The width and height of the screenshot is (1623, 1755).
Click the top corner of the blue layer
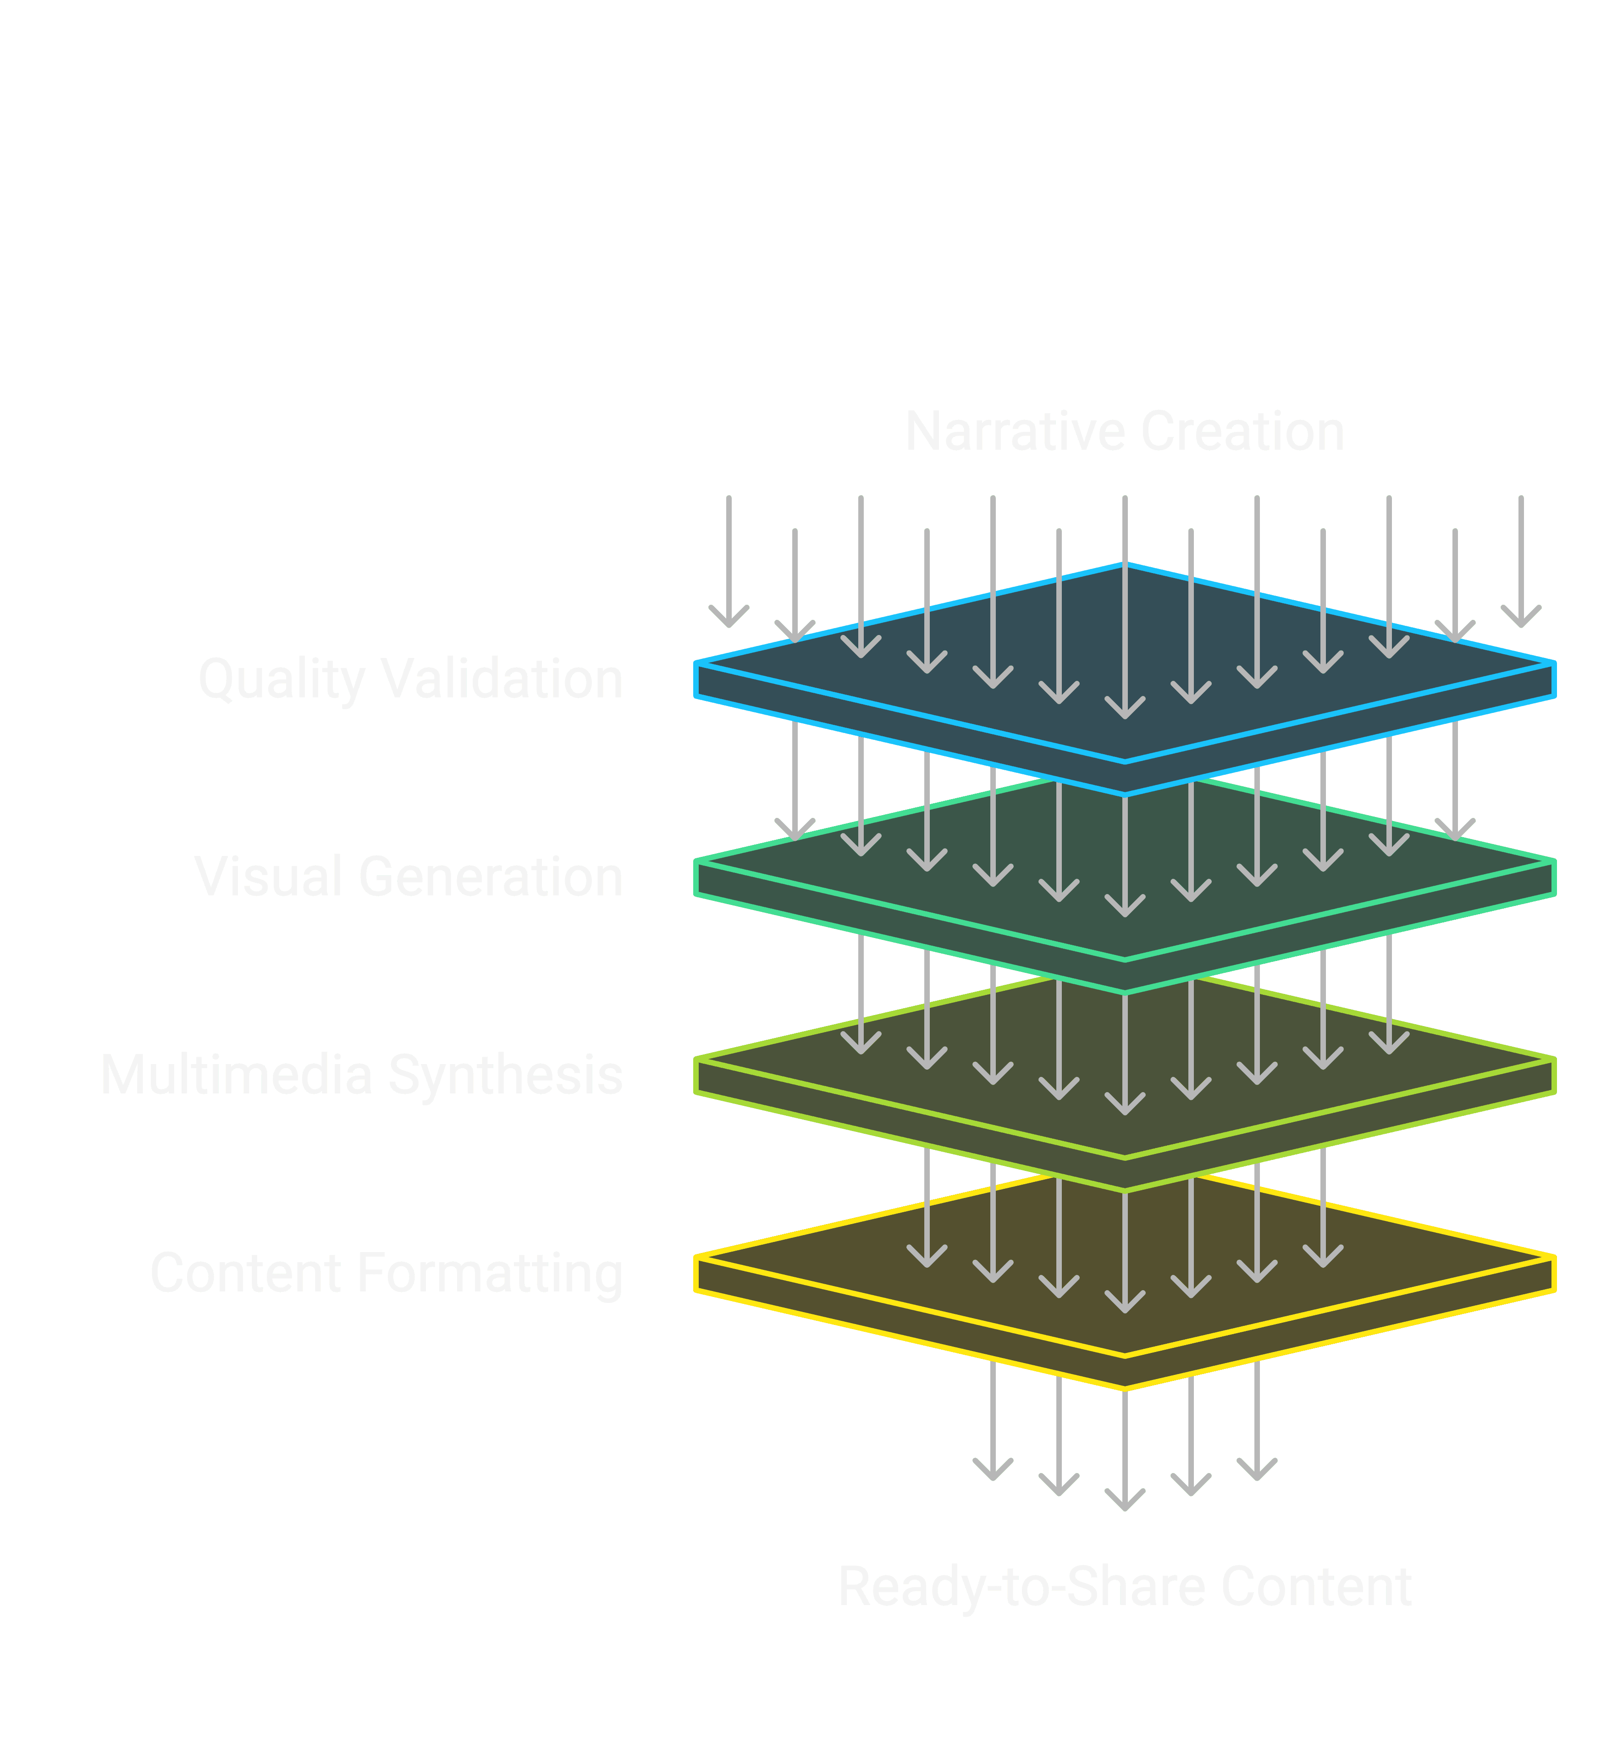[1125, 565]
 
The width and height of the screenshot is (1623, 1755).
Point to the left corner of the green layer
[696, 862]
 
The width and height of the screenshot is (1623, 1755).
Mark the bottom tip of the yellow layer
[1125, 1388]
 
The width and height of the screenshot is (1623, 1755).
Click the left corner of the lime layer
[696, 1060]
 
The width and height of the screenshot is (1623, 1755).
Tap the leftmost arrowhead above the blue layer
[729, 622]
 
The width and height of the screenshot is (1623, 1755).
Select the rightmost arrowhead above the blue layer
[1521, 622]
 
